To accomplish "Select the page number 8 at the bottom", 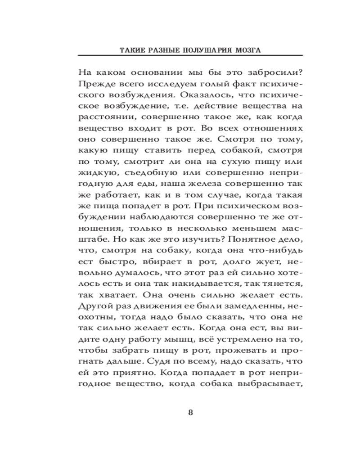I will point(190,413).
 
